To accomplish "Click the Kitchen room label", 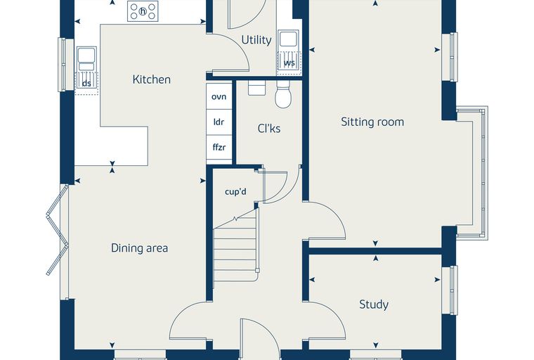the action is pos(152,79).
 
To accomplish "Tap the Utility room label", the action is pos(256,40).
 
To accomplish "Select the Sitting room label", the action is pos(372,122).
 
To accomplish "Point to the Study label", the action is pos(374,304).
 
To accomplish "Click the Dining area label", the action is pos(140,247).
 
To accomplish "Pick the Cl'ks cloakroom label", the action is pos(269,129).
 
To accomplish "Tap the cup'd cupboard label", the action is pos(235,192).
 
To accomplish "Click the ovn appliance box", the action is pos(219,96).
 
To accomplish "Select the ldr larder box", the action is pos(219,122).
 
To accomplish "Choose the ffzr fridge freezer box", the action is pos(219,147).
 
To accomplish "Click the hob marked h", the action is pos(143,11).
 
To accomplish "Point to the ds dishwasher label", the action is pos(87,84).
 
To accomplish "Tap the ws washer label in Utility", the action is pos(289,63).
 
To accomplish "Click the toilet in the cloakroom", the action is pos(283,94).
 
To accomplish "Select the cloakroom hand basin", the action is pos(256,88).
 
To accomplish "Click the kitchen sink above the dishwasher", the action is pos(86,59).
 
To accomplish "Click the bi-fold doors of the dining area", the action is pos(58,229).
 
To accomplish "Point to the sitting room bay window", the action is pos(473,173).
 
